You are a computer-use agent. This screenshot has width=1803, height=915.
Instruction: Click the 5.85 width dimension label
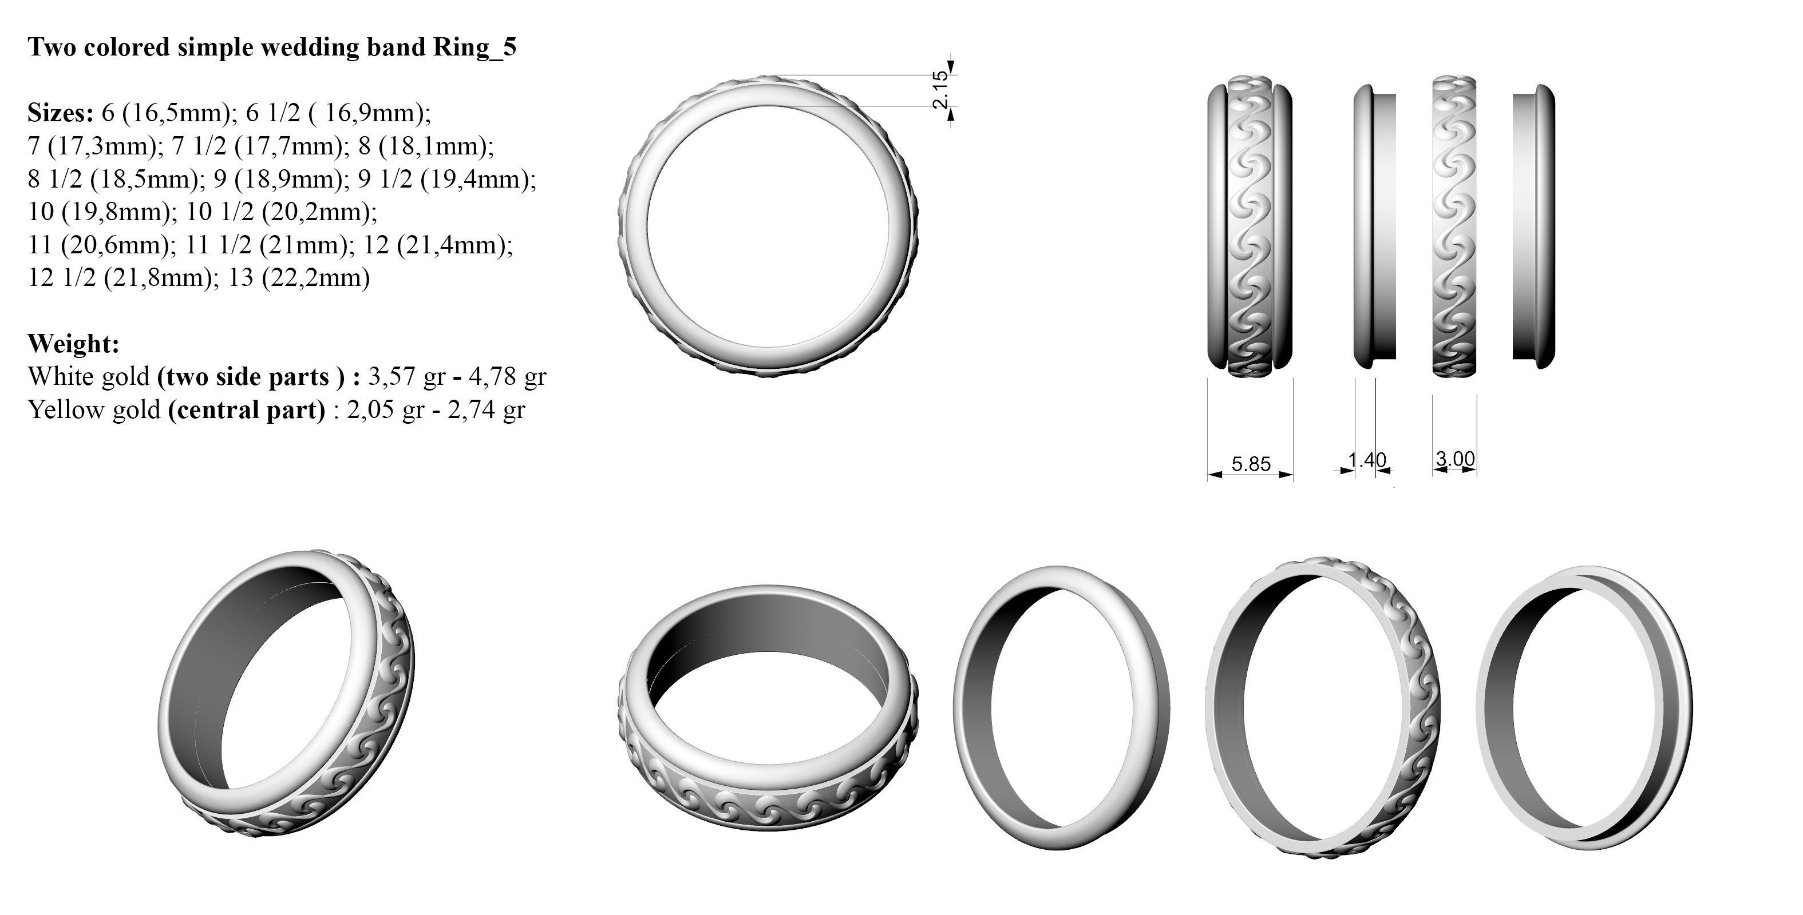coord(1250,464)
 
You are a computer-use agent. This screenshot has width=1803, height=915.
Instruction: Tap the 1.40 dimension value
coord(1367,460)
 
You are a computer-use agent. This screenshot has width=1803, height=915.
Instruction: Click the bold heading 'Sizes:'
coord(60,112)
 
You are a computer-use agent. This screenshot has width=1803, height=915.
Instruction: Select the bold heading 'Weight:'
coord(73,344)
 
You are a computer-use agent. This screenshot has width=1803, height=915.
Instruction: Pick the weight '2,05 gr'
coord(385,409)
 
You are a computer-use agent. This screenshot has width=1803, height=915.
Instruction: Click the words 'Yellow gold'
coord(94,409)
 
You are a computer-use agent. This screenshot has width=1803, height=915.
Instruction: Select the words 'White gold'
coord(88,376)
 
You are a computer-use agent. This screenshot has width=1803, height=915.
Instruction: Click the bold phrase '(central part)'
coord(246,409)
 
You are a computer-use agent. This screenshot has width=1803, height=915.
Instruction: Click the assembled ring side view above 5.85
coord(1250,224)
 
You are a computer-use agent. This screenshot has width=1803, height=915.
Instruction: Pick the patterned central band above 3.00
coord(1454,224)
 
